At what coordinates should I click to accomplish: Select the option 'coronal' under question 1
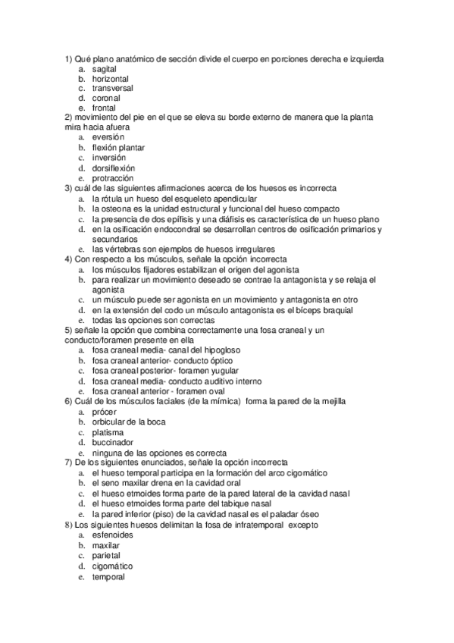tap(106, 98)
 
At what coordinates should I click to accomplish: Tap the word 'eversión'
tap(108, 137)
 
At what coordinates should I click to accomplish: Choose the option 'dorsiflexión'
tap(114, 168)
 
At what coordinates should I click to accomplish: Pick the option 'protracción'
tap(112, 177)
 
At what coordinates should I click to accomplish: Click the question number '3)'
tap(68, 187)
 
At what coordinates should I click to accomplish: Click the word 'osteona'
tap(117, 208)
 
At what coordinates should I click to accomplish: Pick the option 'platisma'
tap(108, 431)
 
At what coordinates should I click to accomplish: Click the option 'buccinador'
tap(112, 441)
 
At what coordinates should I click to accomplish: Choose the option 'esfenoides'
tap(112, 535)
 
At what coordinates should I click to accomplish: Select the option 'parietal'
tap(106, 555)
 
